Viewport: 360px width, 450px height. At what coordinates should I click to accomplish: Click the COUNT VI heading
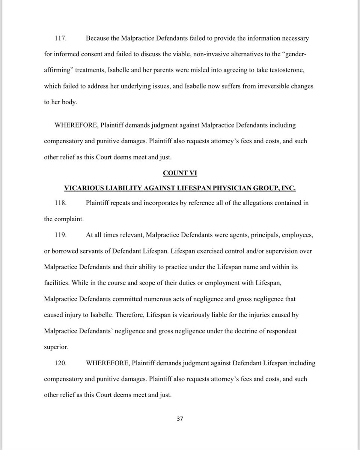pyautogui.click(x=179, y=173)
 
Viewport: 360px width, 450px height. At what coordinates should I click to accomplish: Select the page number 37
pyautogui.click(x=180, y=418)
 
